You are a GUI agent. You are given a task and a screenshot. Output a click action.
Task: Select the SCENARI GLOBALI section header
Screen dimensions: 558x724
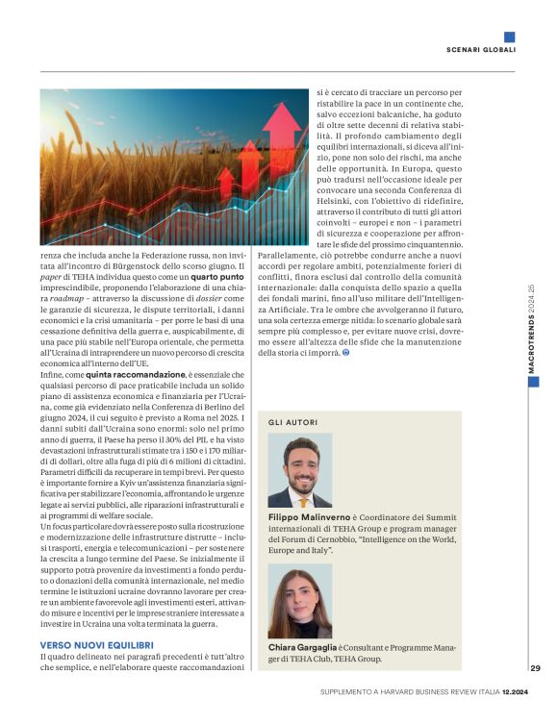[481, 49]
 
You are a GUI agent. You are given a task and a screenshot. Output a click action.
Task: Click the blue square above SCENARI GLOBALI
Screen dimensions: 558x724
[509, 37]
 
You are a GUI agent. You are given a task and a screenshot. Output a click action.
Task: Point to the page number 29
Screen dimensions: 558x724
[535, 668]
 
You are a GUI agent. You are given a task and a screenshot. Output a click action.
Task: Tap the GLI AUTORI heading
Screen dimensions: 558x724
[292, 422]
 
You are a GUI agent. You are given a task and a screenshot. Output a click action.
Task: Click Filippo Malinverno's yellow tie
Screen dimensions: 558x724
[304, 499]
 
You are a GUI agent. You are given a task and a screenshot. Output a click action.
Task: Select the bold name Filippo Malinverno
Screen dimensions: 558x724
[310, 517]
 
